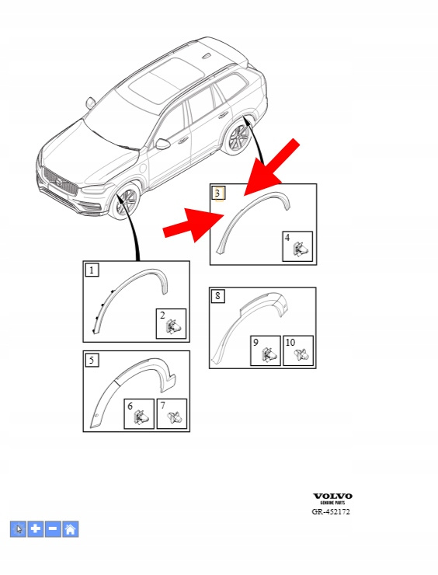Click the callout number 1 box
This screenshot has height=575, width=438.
point(92,270)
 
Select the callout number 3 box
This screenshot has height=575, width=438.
point(218,193)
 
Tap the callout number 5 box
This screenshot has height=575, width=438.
point(92,360)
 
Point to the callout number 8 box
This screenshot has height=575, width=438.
point(218,296)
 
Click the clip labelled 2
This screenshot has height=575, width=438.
point(174,326)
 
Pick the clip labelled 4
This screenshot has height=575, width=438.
point(301,249)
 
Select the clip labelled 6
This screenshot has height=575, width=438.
point(142,417)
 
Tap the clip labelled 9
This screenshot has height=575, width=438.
point(268,354)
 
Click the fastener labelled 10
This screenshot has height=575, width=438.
point(302,354)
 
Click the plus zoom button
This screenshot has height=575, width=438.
point(36,529)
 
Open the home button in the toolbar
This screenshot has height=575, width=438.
point(71,529)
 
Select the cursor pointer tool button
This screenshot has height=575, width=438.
point(18,529)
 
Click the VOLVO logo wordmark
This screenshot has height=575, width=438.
point(332,497)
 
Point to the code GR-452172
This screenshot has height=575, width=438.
point(331,511)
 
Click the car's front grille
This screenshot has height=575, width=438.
point(61,181)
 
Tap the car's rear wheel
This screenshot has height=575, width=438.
point(238,139)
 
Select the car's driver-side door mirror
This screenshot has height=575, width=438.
point(163,144)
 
